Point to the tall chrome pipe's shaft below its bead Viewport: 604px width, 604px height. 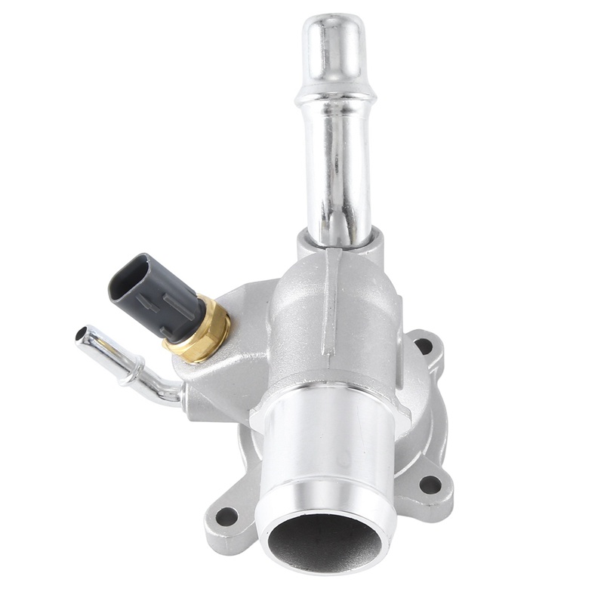point(337,174)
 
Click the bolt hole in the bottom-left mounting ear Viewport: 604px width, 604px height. point(226,517)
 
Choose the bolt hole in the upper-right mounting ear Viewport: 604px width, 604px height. point(424,346)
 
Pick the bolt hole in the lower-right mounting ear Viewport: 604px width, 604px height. point(430,484)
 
